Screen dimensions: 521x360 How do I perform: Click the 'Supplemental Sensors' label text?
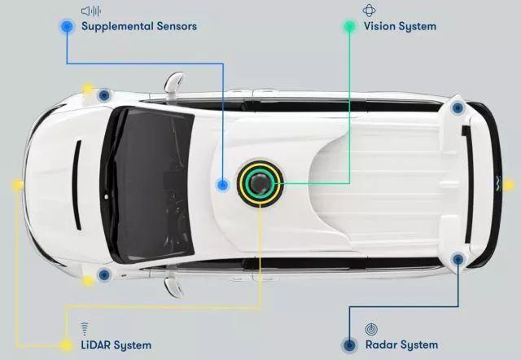(139, 26)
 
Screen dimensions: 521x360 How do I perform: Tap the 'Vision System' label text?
(400, 26)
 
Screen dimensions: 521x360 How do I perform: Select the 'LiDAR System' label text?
(116, 345)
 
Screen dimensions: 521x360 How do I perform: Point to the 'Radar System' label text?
(401, 345)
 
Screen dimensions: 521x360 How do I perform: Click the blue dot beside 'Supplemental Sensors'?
(67, 26)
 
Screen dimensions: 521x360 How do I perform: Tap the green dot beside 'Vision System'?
(349, 26)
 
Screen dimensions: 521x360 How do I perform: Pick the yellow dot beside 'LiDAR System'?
(65, 345)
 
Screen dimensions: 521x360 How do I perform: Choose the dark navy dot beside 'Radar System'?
(349, 345)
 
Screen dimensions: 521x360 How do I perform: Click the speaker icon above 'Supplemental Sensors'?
(91, 11)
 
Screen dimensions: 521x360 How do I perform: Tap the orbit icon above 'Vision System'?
(369, 11)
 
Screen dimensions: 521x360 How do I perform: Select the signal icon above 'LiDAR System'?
(85, 328)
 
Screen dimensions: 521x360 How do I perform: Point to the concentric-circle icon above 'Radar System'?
(371, 329)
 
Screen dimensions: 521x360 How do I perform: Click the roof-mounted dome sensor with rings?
(260, 183)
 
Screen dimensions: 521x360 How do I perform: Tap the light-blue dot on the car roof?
(222, 185)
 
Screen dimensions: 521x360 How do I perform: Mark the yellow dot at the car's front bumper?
(17, 185)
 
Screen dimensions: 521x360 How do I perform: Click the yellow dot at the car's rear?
(508, 185)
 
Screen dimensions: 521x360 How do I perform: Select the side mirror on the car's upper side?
(173, 83)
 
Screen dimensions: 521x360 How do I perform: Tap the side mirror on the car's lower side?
(173, 287)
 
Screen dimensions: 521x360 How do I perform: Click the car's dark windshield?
(147, 185)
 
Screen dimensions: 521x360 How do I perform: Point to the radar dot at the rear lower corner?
(458, 259)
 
